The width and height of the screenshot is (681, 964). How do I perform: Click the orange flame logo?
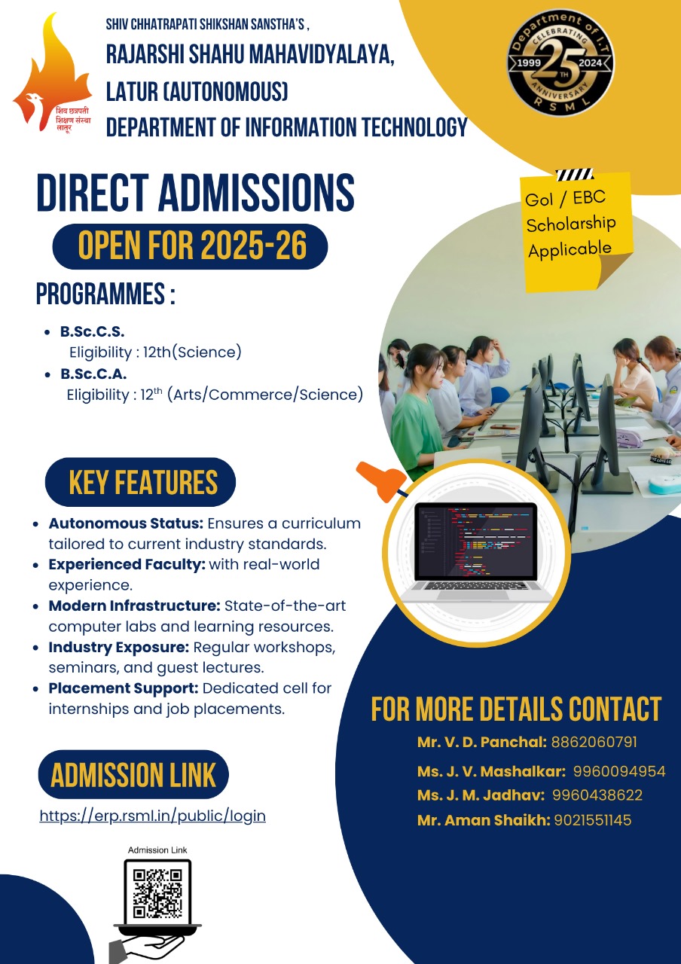(x=52, y=73)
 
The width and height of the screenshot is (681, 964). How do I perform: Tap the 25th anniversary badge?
(x=561, y=63)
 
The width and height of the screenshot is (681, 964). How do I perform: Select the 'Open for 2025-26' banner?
(x=190, y=246)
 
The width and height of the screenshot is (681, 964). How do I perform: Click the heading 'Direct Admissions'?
(x=196, y=193)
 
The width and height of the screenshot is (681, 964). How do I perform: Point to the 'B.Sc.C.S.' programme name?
(x=93, y=332)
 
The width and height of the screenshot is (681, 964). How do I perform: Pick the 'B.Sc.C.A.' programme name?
(x=93, y=374)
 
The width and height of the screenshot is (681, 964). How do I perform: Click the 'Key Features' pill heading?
(x=140, y=482)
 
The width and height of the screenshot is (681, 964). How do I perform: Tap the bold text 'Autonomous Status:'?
(x=126, y=523)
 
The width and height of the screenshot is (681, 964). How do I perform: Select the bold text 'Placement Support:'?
(x=124, y=688)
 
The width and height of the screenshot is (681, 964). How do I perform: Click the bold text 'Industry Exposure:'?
(x=119, y=647)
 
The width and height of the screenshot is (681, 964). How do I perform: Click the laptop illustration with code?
(x=476, y=552)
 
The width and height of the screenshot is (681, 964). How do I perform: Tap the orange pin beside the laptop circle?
(x=382, y=481)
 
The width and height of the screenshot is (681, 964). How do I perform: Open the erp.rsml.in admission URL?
(x=152, y=816)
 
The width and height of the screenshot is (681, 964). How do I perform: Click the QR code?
(x=157, y=894)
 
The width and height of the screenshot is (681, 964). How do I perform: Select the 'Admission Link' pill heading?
(x=133, y=775)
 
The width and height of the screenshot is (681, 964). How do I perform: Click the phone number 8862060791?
(x=594, y=743)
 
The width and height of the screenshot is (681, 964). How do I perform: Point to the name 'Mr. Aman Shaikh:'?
(x=484, y=820)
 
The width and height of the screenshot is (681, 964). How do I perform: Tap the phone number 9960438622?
(x=597, y=795)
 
